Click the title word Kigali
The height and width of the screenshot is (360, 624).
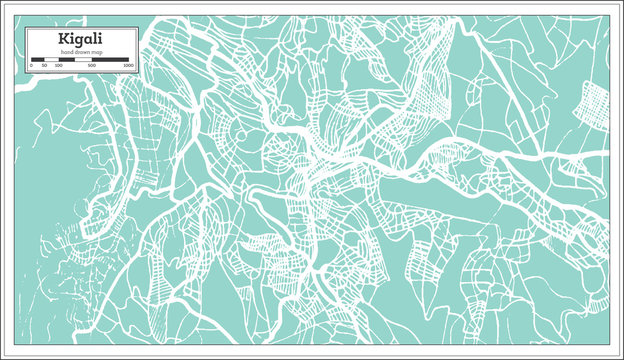(x=80, y=39)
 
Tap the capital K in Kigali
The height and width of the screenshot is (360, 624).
(x=64, y=39)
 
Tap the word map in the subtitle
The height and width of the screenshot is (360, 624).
(x=96, y=51)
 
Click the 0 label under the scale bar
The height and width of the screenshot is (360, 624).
(x=32, y=66)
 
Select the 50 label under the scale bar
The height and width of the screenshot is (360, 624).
(x=43, y=66)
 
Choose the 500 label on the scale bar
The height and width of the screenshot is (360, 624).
(x=92, y=66)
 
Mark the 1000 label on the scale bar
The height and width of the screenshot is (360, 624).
(x=129, y=66)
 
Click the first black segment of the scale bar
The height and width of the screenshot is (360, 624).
(x=37, y=59)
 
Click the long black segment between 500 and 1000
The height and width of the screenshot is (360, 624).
(x=110, y=59)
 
